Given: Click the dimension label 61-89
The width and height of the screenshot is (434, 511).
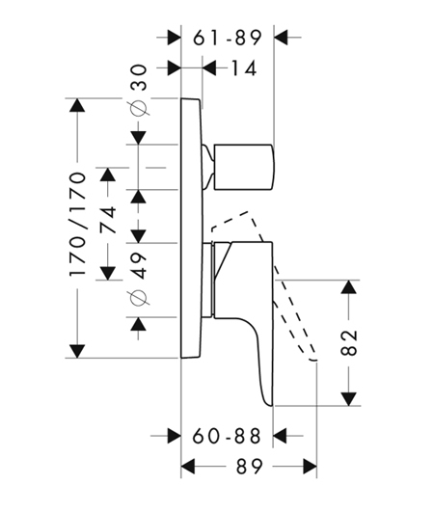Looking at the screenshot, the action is point(228,38).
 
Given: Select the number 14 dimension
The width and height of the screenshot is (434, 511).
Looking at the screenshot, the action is point(244,68).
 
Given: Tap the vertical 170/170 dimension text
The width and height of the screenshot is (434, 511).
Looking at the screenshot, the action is point(77,225).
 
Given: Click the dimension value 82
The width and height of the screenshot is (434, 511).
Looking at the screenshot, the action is point(349,342).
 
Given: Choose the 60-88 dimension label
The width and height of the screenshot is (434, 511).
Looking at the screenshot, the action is point(227,436).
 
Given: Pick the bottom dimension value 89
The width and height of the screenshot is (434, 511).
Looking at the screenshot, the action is point(250,467).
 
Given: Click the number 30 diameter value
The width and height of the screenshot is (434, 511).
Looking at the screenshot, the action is point(139,77).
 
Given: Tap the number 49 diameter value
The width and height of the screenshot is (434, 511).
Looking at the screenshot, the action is point(139,265).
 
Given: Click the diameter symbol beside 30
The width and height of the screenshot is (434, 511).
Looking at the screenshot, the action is point(140,107).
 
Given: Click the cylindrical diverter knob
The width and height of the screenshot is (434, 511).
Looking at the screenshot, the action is point(244,167).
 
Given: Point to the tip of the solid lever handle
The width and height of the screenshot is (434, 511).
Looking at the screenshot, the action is point(270,406).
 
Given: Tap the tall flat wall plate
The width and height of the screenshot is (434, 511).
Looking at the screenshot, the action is point(192,229).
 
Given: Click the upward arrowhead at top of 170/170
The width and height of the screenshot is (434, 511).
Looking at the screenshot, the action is point(77,105).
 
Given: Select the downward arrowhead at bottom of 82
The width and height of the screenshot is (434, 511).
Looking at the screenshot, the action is point(349,399).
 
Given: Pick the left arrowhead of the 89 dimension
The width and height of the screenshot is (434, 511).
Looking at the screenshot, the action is point(188,467).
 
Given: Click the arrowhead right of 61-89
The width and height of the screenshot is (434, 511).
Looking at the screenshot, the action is point(281,38).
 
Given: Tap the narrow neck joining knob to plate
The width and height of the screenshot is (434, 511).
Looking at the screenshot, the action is point(208,167).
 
